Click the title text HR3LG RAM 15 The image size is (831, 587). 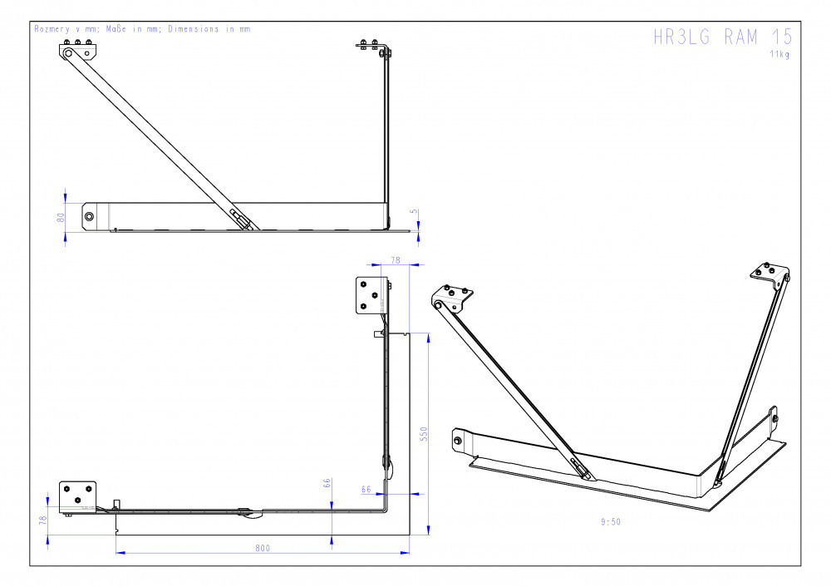[723, 37]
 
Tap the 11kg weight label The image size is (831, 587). [779, 54]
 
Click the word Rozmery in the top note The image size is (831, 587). [52, 28]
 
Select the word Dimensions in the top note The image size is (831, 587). [194, 28]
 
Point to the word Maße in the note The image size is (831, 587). [116, 28]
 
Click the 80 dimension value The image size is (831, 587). [61, 217]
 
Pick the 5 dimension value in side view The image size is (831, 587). [414, 211]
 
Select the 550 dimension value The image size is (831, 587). [424, 434]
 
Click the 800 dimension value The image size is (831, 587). [263, 548]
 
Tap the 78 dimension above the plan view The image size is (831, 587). [396, 260]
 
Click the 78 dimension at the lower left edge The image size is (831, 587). [43, 520]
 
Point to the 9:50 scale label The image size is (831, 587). [611, 522]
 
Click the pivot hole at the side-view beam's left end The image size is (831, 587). [89, 216]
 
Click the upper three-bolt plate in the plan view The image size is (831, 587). [371, 295]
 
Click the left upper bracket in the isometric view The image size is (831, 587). [452, 298]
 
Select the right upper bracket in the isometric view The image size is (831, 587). [770, 274]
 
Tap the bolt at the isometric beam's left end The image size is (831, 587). [457, 440]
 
